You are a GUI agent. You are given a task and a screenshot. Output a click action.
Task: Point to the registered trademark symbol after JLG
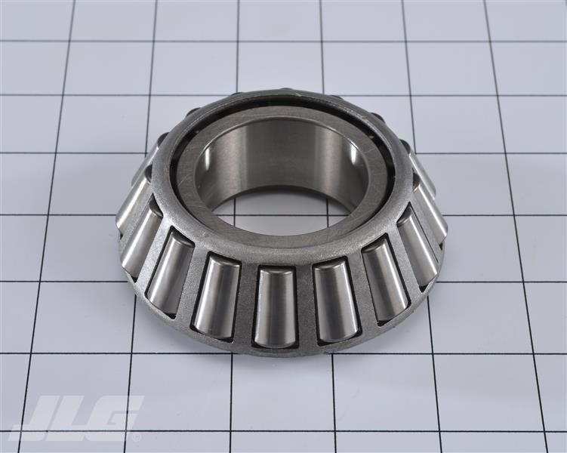pos(137,436)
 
